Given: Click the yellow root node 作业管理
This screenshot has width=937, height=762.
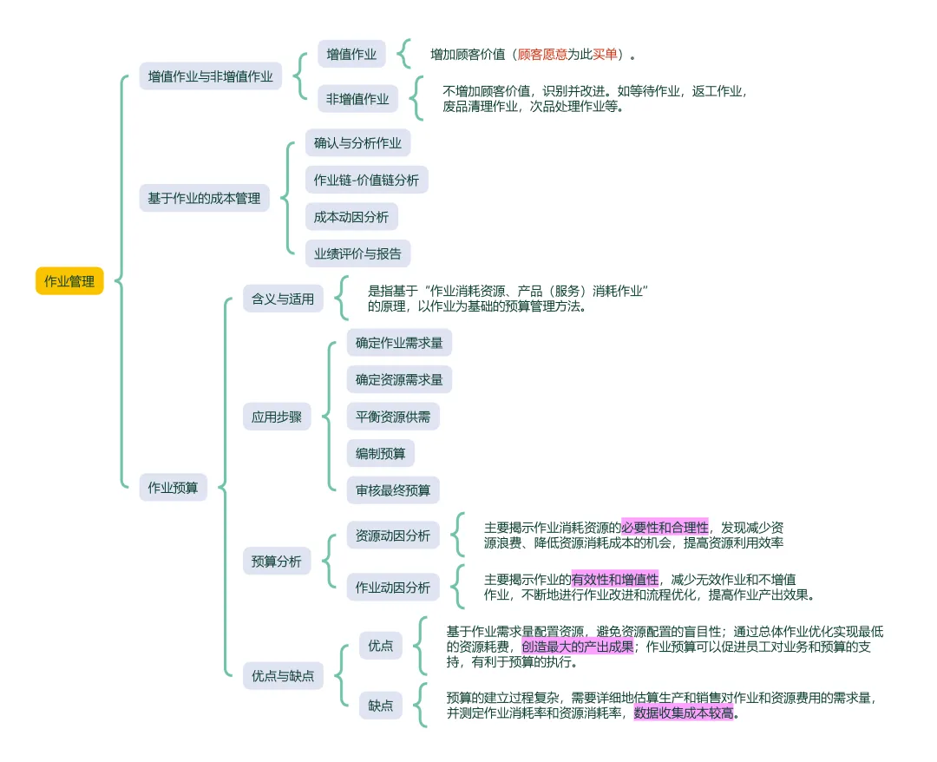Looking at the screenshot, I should coord(69,281).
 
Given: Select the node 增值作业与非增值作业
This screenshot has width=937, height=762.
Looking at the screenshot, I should coord(210,76).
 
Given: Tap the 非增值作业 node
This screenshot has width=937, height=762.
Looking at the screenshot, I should coord(357,99).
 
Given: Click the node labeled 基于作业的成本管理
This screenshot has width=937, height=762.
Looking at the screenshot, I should coord(204,199).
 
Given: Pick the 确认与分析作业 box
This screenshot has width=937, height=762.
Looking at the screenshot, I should coord(357,142).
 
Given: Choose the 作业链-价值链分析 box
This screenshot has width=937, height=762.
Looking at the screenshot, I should coord(366,180).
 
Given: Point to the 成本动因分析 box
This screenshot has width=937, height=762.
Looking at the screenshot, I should coord(351,217).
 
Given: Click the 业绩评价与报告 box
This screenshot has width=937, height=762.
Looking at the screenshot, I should coord(357,253).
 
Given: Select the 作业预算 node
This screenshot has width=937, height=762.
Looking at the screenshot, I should coord(173,488).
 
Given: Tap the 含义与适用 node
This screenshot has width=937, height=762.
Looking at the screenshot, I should coord(282,299).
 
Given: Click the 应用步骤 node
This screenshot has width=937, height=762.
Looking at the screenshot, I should coord(277,417).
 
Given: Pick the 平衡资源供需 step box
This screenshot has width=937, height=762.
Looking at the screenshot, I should coord(392,417).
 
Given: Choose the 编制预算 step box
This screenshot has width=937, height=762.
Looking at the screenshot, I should coord(380,453).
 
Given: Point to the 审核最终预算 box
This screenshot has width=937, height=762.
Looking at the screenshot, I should coord(392,490).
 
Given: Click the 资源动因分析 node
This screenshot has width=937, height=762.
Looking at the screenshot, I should coord(392,535).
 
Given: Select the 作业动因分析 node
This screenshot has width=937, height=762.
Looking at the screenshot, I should coord(392,588).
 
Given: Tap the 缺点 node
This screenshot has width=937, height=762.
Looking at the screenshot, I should coord(380,705).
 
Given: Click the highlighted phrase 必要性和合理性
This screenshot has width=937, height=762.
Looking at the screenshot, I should coord(665,527).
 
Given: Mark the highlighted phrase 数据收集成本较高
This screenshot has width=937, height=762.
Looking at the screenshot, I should coord(685,713).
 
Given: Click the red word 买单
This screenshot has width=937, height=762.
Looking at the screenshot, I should coord(606,54).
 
